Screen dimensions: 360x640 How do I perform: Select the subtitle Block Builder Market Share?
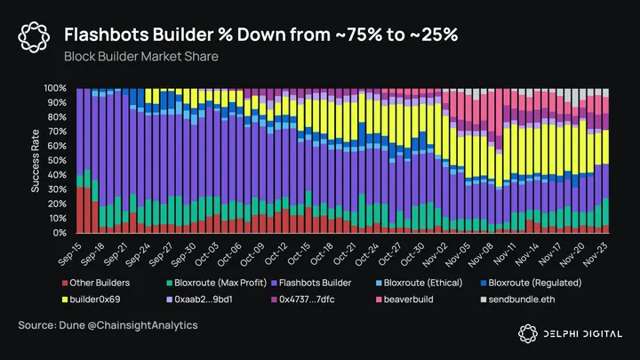(x=141, y=55)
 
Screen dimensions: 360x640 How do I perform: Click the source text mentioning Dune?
(x=108, y=326)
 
